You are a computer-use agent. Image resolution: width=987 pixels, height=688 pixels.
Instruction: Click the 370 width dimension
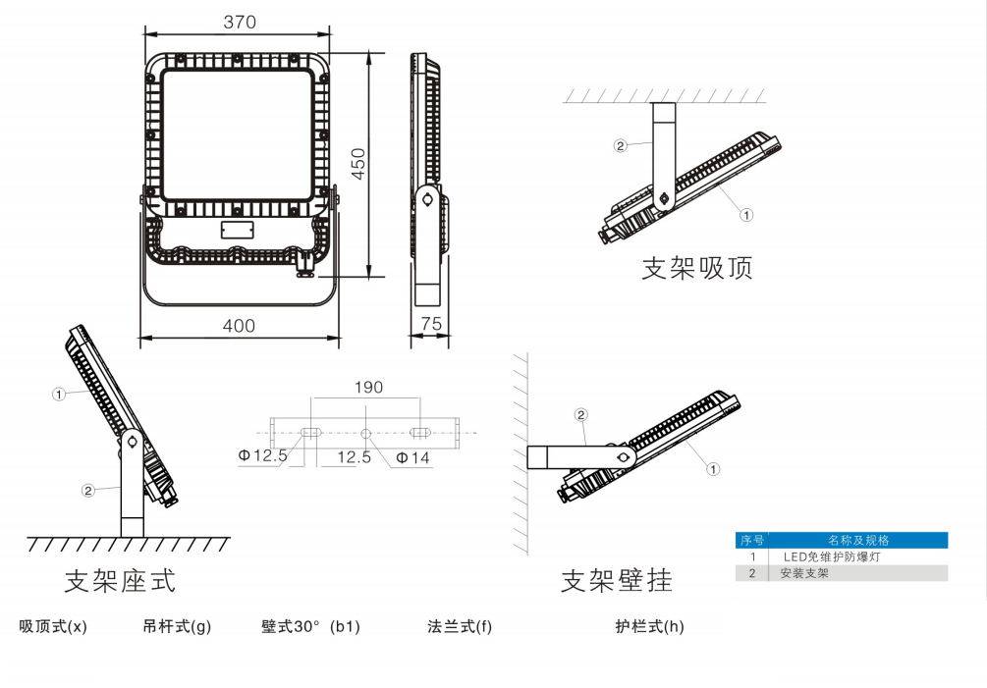click(239, 23)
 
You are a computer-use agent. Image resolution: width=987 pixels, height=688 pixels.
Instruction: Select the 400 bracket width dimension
click(239, 326)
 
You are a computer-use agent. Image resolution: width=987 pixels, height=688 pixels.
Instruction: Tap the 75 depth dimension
click(430, 323)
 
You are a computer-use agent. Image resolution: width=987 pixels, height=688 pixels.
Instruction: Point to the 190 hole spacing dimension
click(368, 388)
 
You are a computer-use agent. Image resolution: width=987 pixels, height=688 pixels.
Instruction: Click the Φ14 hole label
click(413, 457)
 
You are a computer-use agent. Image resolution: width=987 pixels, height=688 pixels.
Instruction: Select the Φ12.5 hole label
click(263, 455)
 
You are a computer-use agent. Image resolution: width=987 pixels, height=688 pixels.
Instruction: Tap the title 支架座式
click(120, 580)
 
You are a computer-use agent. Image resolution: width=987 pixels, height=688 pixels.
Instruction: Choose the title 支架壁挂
click(617, 580)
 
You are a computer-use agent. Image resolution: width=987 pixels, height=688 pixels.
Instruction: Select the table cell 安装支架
click(804, 573)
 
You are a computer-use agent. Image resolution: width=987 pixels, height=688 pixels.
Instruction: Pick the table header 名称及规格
click(858, 540)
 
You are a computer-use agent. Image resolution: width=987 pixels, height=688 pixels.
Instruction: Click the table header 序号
click(751, 540)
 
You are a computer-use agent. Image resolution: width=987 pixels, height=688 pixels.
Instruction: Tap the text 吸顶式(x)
click(53, 626)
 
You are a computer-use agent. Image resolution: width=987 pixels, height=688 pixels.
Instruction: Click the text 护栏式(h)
click(649, 626)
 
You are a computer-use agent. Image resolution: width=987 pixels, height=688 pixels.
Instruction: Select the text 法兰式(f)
click(460, 626)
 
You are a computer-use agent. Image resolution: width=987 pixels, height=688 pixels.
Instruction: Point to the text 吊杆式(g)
click(177, 626)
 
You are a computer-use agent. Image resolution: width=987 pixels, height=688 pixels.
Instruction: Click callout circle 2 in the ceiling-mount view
click(620, 146)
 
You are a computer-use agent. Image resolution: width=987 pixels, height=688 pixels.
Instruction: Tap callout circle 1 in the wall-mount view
click(713, 469)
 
